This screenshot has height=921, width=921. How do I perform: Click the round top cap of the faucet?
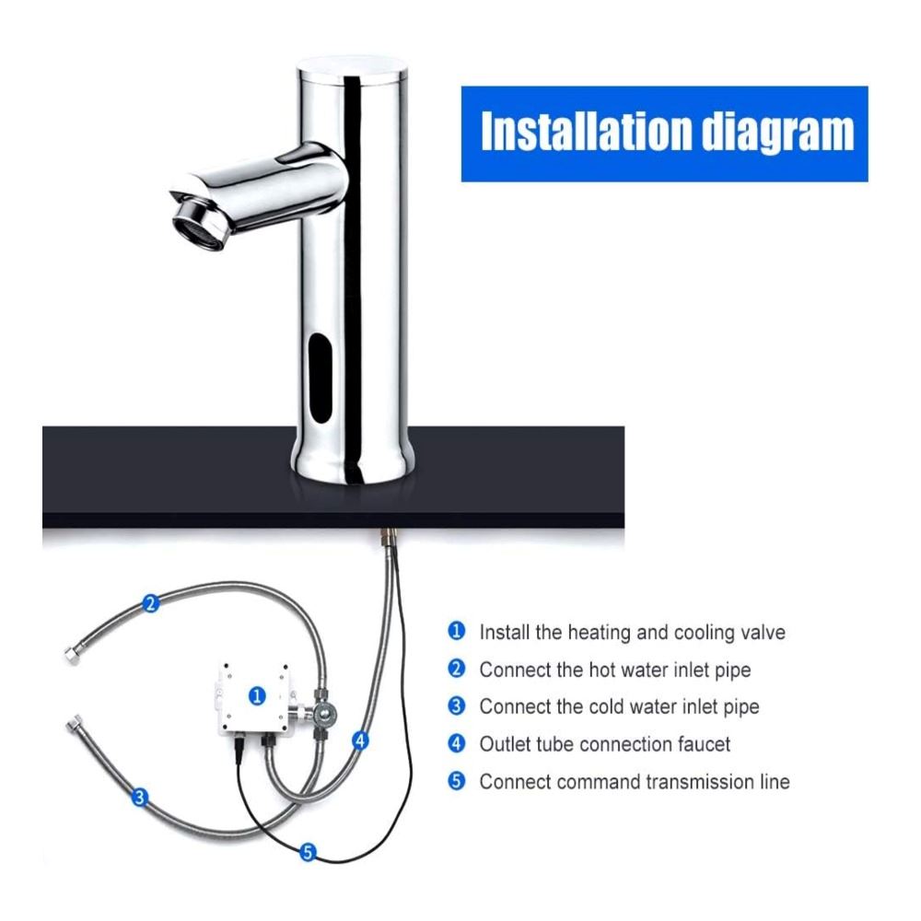coord(352,69)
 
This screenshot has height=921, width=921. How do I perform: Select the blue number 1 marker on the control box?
coord(257,695)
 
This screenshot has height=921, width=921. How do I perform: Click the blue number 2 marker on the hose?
coord(151,603)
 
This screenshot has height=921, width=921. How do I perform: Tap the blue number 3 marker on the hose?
coord(139,797)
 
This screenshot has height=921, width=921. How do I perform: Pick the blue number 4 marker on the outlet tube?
coord(360,741)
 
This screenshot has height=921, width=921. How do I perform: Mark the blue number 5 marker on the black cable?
coord(308,852)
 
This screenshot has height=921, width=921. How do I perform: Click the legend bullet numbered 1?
coord(457,632)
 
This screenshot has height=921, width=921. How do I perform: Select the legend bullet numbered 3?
coord(457,706)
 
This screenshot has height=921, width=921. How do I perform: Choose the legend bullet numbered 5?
coord(457,781)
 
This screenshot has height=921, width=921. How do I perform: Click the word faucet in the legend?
coord(705,744)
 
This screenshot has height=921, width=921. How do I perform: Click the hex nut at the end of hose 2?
coord(71,654)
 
